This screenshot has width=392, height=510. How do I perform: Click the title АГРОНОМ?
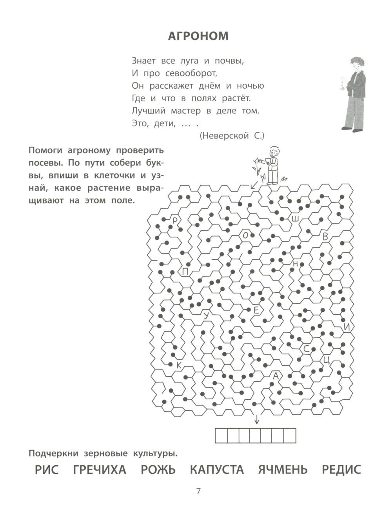click(x=198, y=36)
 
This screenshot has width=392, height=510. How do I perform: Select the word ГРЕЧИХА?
click(x=100, y=470)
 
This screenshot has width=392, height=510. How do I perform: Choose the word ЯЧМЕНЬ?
click(x=283, y=470)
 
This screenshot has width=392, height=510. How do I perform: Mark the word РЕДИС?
click(x=341, y=470)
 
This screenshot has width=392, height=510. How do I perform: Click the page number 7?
click(x=198, y=492)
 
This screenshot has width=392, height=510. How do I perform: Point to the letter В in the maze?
click(x=325, y=237)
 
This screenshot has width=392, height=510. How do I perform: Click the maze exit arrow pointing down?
click(x=257, y=419)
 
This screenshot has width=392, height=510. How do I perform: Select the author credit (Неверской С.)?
click(x=232, y=136)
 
